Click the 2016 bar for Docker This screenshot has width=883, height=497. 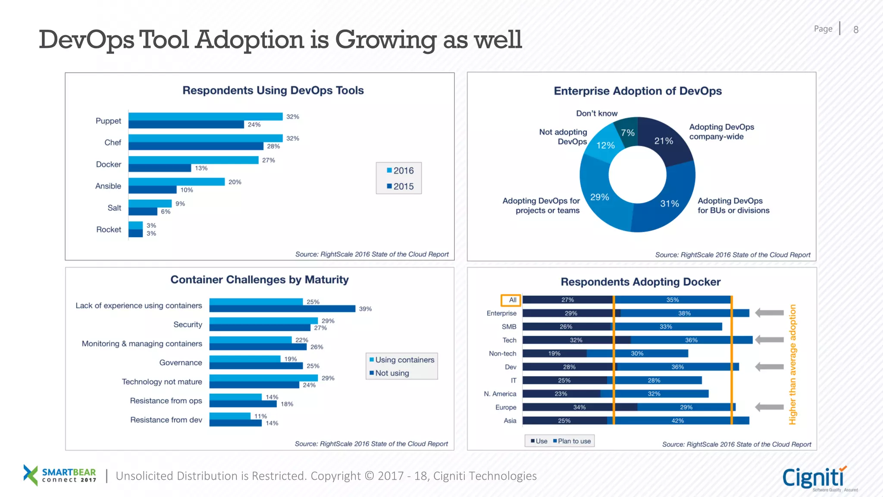click(x=193, y=160)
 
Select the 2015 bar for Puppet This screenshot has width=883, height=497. click(x=186, y=125)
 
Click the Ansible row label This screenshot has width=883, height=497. click(x=108, y=186)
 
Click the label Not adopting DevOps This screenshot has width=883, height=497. click(x=563, y=137)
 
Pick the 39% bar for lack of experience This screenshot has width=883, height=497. click(x=282, y=309)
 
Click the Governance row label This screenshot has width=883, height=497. click(x=181, y=362)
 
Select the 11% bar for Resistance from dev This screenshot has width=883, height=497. click(x=230, y=416)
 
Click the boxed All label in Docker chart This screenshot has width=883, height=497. click(x=511, y=300)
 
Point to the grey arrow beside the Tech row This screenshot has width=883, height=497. click(x=769, y=340)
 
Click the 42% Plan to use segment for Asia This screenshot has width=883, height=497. click(x=677, y=421)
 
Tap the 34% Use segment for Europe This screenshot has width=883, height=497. click(x=579, y=407)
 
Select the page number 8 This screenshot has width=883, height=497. click(x=856, y=30)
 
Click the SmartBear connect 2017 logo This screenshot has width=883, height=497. click(x=60, y=475)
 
